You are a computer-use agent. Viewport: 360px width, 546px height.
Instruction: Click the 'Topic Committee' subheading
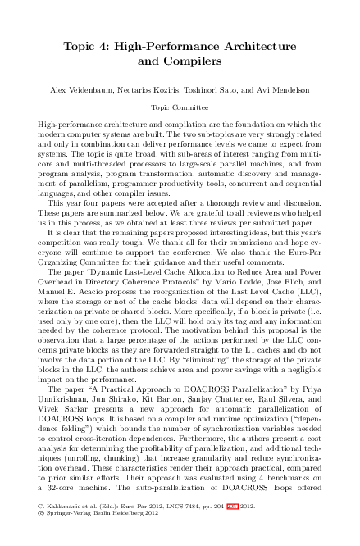(180, 107)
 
